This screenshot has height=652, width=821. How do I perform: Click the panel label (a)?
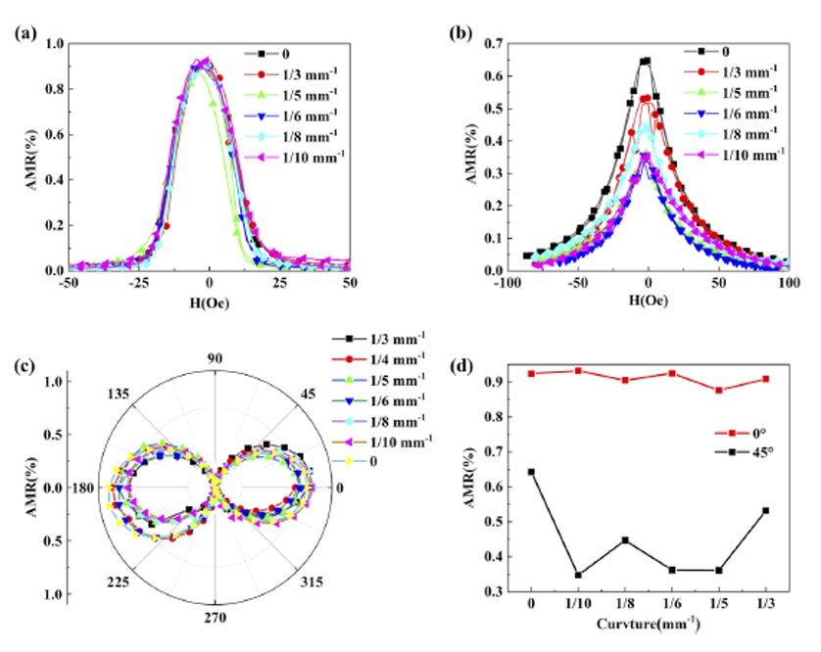click(26, 31)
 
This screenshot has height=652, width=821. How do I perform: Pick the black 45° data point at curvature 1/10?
click(579, 575)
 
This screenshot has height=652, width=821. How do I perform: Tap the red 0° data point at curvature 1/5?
click(719, 390)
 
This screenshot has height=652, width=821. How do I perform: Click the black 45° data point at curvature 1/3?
click(765, 510)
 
